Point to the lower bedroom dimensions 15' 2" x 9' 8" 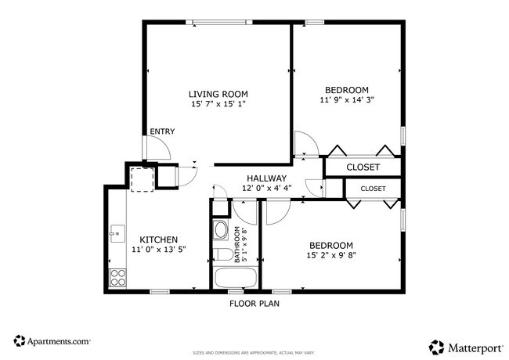pos(330,255)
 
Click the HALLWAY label pos(267,178)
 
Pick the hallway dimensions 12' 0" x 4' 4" pos(267,189)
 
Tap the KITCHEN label pos(158,239)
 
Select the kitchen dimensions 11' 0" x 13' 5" pos(158,250)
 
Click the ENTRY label pos(162,131)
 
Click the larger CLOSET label pos(363,167)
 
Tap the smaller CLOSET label pos(373,189)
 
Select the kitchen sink pos(117,233)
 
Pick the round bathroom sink pos(221,231)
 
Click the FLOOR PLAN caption pos(254,304)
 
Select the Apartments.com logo pos(52,341)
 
